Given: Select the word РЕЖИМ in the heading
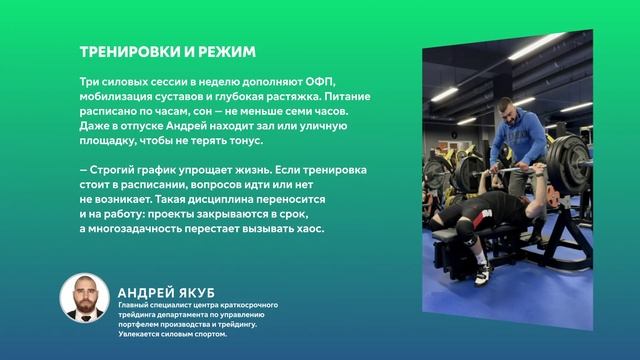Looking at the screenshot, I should click(x=229, y=51).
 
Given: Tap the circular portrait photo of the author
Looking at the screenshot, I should click(x=84, y=297).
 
